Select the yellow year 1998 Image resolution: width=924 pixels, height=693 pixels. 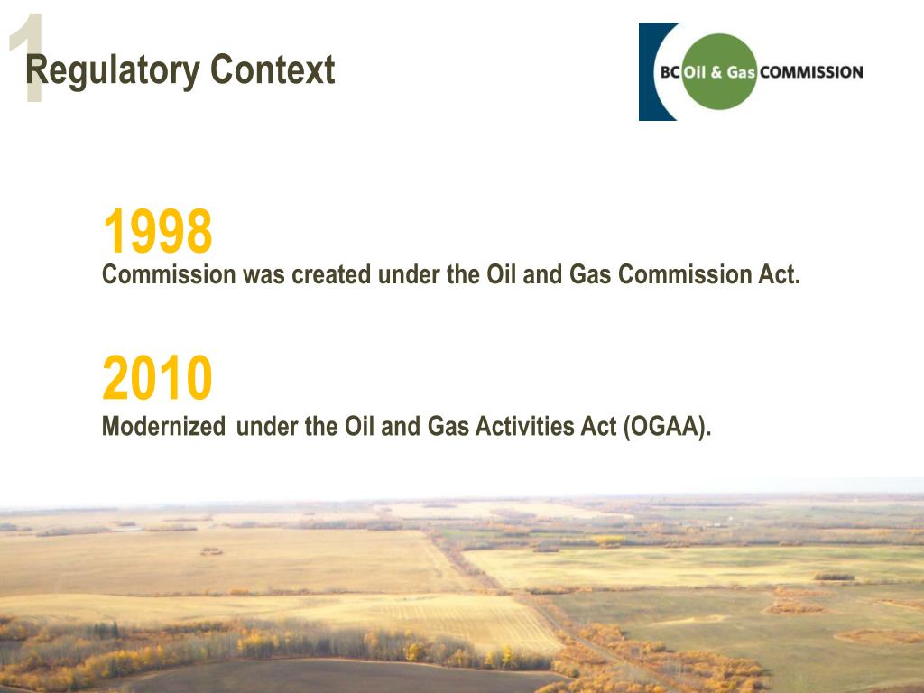tap(157, 232)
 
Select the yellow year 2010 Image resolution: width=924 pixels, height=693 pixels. tap(157, 379)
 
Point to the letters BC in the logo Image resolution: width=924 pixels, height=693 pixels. tap(670, 72)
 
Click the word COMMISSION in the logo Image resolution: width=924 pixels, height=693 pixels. tap(811, 72)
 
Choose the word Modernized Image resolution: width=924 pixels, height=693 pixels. tap(163, 427)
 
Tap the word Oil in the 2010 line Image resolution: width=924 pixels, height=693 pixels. tap(360, 427)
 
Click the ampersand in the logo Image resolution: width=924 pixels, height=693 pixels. tap(716, 72)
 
